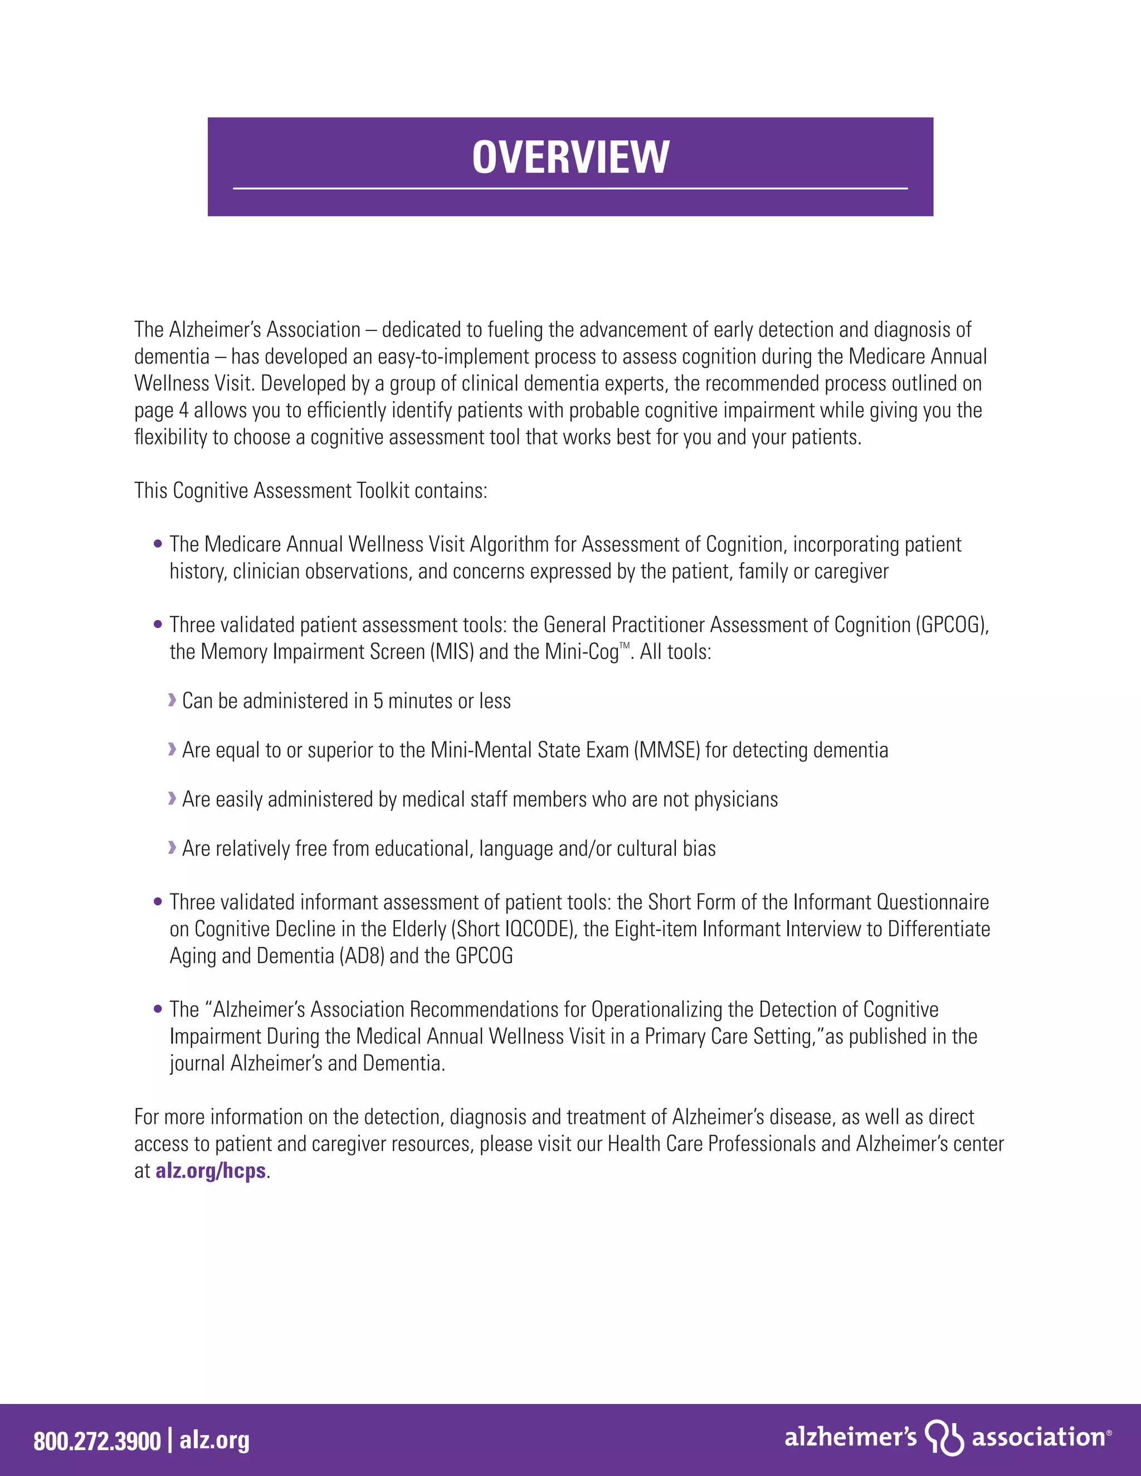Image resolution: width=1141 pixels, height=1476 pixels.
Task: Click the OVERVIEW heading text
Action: point(570,157)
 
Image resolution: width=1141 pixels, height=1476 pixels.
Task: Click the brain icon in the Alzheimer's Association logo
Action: point(944,1437)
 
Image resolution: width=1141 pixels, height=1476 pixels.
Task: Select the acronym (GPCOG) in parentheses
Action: point(952,625)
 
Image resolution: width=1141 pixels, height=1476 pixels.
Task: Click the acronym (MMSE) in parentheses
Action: point(666,750)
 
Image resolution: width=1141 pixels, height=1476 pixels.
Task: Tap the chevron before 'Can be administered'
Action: point(172,700)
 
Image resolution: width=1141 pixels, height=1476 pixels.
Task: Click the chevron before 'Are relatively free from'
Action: point(172,848)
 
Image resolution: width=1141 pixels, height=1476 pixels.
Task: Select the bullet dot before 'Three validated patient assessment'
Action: point(158,624)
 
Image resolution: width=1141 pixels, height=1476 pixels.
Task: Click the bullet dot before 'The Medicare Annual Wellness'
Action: point(158,544)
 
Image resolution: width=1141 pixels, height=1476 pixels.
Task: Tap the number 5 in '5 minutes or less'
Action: point(378,701)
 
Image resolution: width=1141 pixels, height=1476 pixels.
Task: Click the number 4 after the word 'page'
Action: point(184,410)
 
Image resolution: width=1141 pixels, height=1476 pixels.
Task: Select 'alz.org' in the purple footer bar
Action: point(214,1440)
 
